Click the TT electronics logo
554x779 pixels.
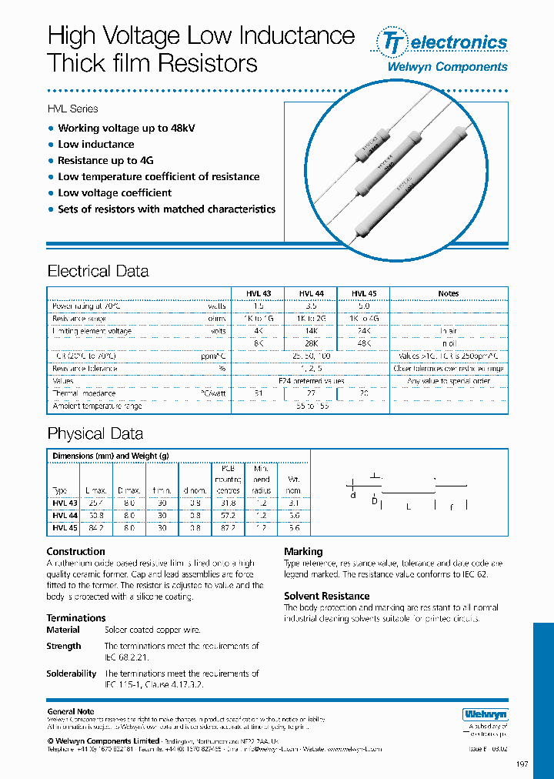[440, 42]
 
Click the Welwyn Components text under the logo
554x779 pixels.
[446, 67]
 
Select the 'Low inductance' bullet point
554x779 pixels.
[95, 144]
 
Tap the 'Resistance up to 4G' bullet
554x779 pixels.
[105, 160]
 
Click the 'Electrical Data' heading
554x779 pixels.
[98, 271]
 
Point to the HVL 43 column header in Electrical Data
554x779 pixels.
[259, 293]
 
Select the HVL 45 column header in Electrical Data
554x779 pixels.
[364, 293]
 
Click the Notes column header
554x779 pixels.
[448, 293]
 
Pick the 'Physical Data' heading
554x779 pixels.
[95, 433]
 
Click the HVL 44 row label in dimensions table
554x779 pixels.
[65, 516]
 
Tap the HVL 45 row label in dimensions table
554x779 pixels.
[65, 528]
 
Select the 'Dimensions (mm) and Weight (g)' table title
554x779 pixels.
[110, 456]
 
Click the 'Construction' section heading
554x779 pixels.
[75, 551]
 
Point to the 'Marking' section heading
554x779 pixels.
[303, 551]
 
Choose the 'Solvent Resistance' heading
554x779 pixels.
[326, 596]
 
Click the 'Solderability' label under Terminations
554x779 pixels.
[71, 674]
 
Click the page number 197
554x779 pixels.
[522, 764]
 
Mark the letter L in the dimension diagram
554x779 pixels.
[409, 507]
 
